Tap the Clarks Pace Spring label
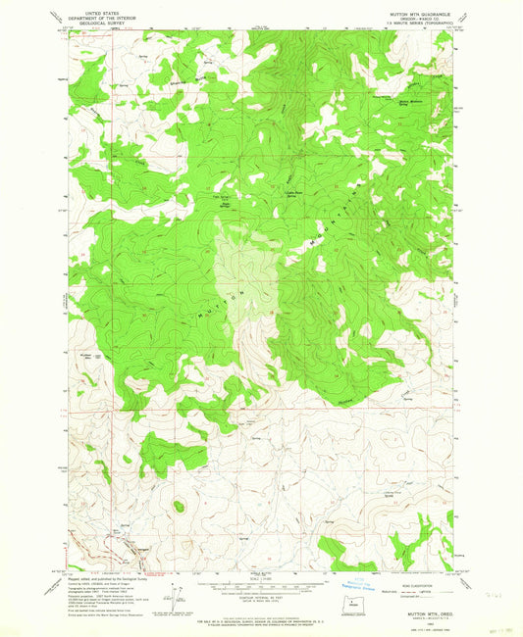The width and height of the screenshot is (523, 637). pos(291,194)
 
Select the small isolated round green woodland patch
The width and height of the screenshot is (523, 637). pos(178,506)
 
